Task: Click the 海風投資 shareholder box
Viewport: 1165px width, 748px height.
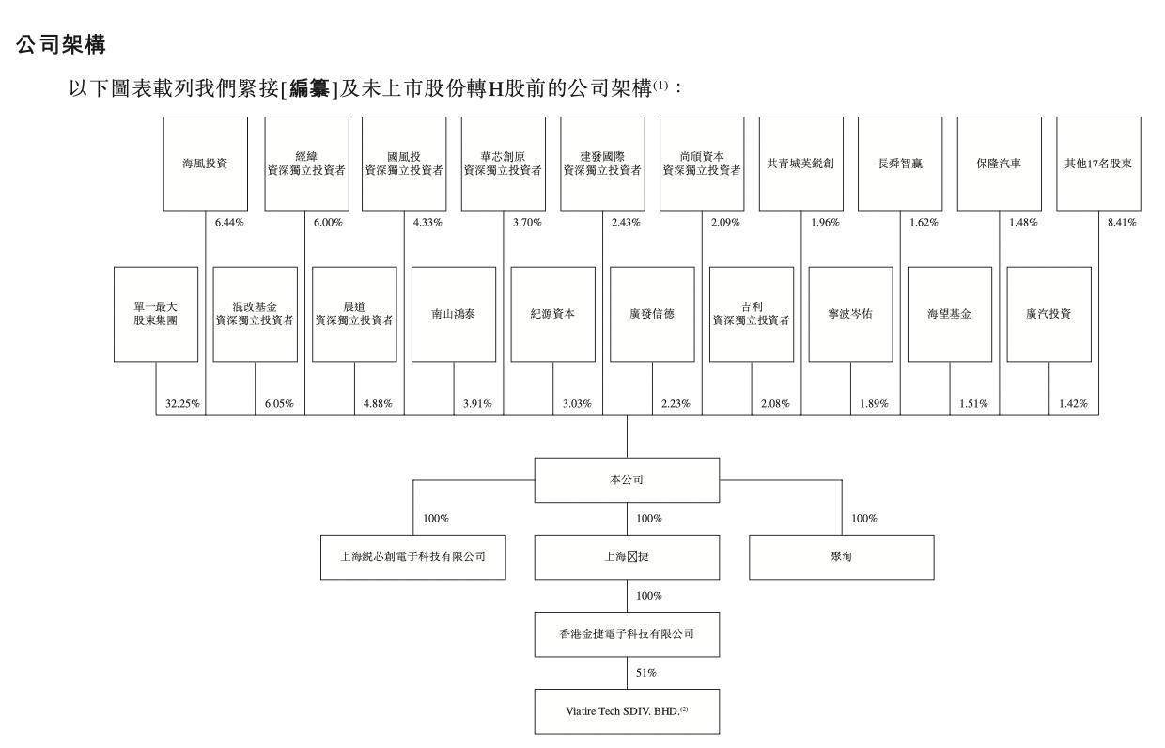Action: (x=206, y=164)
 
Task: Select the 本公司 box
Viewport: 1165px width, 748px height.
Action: (x=627, y=480)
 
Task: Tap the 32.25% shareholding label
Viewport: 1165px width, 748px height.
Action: (x=183, y=404)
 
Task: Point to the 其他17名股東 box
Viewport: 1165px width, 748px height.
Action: (x=1098, y=164)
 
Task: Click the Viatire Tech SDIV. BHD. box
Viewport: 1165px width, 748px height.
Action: (x=627, y=711)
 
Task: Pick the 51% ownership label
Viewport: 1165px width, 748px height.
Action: (x=646, y=673)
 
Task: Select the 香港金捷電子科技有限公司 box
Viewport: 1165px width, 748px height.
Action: (x=627, y=634)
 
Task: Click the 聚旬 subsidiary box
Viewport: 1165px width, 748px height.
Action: (x=841, y=557)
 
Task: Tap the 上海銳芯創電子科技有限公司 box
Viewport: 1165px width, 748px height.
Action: (x=412, y=557)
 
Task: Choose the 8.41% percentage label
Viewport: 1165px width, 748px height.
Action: (x=1120, y=223)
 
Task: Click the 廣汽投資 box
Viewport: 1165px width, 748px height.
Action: (x=1048, y=314)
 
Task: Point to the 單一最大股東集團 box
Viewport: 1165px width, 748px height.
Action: (x=156, y=314)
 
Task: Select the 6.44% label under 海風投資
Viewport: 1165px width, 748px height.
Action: (x=229, y=223)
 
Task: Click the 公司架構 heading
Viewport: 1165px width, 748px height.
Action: (x=61, y=44)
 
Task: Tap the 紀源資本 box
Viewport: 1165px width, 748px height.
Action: (x=552, y=314)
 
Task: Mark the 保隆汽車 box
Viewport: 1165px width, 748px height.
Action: (x=999, y=164)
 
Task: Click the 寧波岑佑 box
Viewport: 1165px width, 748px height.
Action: (x=850, y=314)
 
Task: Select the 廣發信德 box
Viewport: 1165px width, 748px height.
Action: (x=652, y=314)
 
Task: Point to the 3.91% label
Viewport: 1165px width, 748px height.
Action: (x=476, y=404)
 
